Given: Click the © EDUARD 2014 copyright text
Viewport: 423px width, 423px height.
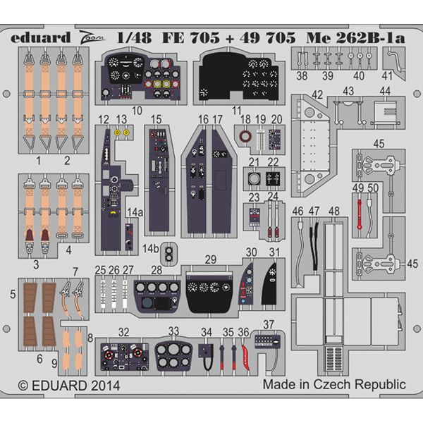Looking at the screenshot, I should click(x=68, y=386).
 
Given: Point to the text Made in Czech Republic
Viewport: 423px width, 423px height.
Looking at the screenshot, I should click(x=334, y=385).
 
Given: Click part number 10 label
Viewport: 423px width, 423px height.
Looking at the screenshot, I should click(x=137, y=110).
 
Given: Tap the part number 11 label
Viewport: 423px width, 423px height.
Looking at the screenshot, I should click(x=237, y=110).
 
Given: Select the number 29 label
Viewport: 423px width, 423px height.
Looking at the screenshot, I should click(x=211, y=260).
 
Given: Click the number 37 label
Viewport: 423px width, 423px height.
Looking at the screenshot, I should click(x=269, y=324).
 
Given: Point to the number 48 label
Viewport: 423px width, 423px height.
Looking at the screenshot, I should click(x=334, y=211).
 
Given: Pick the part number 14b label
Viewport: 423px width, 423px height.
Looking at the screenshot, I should click(x=149, y=248).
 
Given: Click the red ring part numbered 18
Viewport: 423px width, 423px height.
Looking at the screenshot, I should click(x=246, y=137).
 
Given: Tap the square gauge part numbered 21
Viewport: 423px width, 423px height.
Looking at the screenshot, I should click(x=255, y=180).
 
